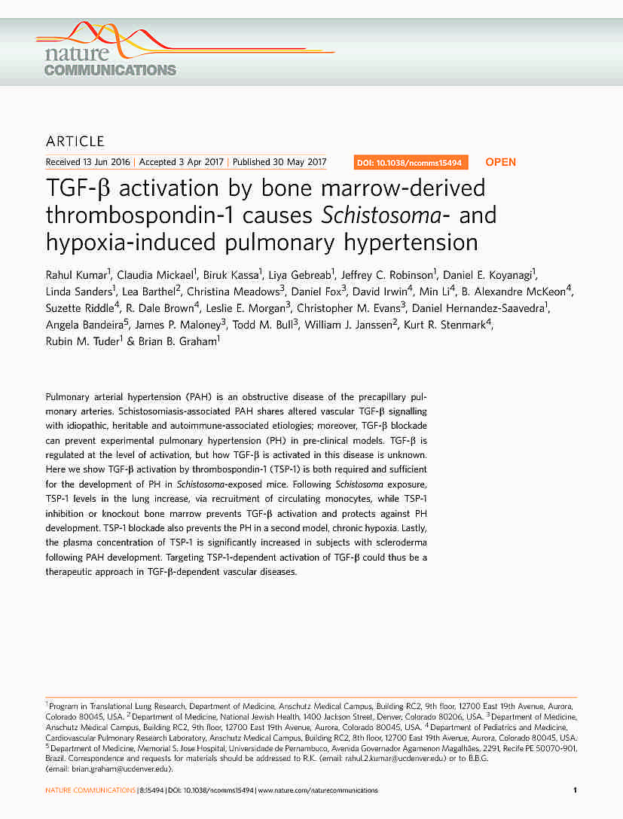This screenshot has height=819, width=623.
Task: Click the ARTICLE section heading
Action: [x=75, y=142]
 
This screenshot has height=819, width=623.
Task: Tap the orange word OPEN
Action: [x=501, y=163]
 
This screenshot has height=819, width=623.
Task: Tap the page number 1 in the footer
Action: [x=575, y=791]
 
